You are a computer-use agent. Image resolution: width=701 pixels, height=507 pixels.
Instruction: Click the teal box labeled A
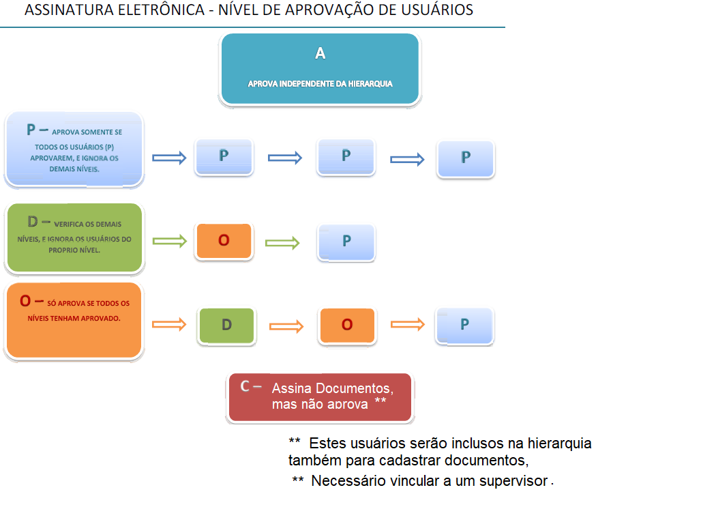[x=319, y=69]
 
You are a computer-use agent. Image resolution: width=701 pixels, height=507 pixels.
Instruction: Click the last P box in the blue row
[x=466, y=158]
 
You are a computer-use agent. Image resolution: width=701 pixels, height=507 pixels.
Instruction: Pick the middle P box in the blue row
[x=346, y=157]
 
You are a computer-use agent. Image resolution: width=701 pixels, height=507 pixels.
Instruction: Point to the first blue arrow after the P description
[x=168, y=158]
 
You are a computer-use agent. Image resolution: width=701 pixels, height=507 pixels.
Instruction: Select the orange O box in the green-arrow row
[x=224, y=241]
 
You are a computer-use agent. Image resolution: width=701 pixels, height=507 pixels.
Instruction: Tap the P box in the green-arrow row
[x=346, y=242]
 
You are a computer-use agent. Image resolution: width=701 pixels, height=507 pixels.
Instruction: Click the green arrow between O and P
[x=282, y=242]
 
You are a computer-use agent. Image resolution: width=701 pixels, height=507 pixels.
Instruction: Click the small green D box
[x=226, y=325]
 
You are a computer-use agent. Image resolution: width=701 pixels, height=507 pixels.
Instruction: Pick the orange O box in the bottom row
[x=346, y=325]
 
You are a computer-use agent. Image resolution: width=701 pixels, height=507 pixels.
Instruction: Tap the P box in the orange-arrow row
[x=465, y=325]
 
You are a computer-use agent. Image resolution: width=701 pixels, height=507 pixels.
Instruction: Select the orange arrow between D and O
[x=286, y=326]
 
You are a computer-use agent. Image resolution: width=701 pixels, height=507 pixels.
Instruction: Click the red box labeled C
[x=320, y=397]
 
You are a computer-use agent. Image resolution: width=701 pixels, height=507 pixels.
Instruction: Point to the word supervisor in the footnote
[x=515, y=480]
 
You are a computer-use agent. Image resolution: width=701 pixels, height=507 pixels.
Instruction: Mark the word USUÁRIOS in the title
[x=438, y=10]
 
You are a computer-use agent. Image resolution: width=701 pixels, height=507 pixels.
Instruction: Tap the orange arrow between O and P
[x=407, y=325]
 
